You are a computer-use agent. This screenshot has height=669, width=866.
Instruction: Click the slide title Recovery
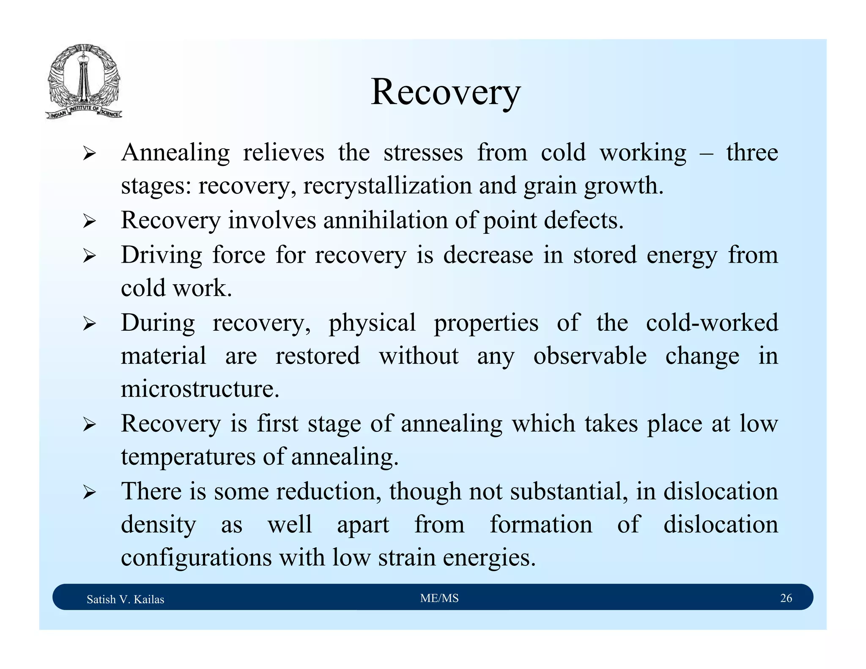(x=445, y=92)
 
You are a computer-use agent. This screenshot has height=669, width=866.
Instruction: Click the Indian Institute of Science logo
(x=84, y=82)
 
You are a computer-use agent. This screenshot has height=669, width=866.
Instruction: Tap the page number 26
(x=786, y=598)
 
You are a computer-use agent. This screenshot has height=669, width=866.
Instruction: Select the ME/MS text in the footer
(x=439, y=598)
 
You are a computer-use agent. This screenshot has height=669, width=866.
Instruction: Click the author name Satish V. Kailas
(x=125, y=599)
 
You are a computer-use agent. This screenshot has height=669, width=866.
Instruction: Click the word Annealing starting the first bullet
(x=175, y=153)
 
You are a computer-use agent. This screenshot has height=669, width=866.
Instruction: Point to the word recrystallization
(x=387, y=186)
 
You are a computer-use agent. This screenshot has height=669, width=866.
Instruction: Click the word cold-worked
(x=712, y=323)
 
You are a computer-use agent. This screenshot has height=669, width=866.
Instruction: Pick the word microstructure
(x=200, y=389)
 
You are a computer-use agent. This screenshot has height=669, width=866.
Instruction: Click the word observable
(x=589, y=356)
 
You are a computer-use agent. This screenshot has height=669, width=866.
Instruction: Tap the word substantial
(x=568, y=491)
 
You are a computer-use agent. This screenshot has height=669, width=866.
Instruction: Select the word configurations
(x=196, y=557)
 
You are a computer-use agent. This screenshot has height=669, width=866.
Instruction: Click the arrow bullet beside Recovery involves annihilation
(x=89, y=221)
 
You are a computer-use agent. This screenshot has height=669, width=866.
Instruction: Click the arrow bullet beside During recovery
(x=89, y=324)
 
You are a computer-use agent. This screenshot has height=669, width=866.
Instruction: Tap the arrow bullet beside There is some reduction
(x=89, y=492)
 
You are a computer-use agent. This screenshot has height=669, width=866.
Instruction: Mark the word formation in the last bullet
(x=541, y=524)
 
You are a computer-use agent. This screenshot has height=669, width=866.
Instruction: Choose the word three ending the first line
(x=752, y=153)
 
